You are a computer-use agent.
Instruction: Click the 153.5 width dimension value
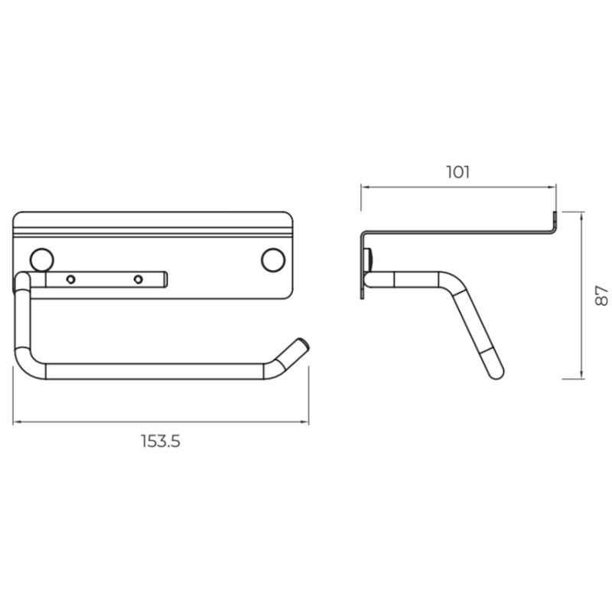point(160,442)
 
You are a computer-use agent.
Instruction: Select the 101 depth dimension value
point(457,171)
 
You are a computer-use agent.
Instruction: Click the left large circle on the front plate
point(41,259)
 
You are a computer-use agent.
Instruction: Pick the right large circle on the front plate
point(272,259)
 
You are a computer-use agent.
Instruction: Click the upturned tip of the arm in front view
point(300,346)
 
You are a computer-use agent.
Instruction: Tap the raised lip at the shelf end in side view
point(554,222)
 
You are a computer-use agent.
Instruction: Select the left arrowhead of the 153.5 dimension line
point(15,421)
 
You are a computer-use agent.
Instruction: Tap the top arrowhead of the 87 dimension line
point(584,215)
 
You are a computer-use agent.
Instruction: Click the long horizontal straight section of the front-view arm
point(153,372)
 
